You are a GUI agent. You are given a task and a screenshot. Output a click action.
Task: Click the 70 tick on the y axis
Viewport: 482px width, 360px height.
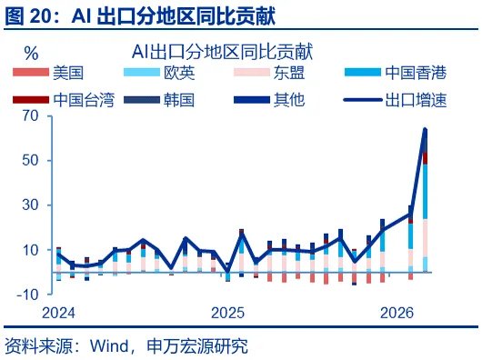pyautogui.click(x=30, y=116)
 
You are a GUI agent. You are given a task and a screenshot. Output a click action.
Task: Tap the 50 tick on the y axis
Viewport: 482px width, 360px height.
pyautogui.click(x=30, y=161)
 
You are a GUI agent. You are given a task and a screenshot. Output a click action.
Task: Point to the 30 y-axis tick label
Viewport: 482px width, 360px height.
pyautogui.click(x=30, y=205)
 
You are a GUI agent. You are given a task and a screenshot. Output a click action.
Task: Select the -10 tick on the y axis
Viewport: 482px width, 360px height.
pyautogui.click(x=27, y=295)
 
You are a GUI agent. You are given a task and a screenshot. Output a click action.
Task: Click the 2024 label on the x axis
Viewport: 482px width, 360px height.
pyautogui.click(x=57, y=312)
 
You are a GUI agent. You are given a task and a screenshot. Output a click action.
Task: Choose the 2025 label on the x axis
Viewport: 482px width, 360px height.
pyautogui.click(x=228, y=312)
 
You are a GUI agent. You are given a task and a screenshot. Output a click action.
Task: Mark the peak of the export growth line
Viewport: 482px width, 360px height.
pyautogui.click(x=425, y=130)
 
